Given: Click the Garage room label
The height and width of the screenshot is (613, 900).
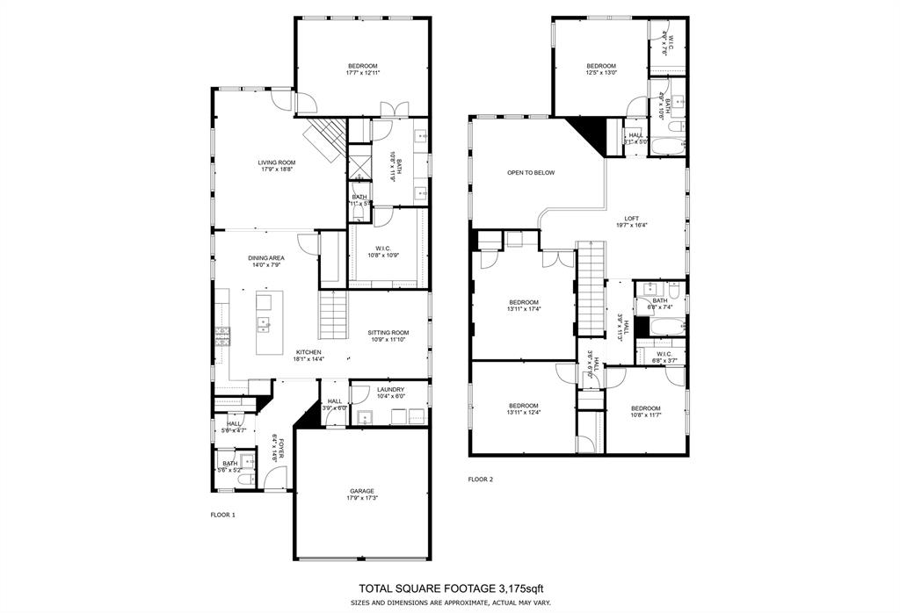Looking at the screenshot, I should click(x=362, y=491).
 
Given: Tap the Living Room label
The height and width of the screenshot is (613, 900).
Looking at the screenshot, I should click(x=276, y=162).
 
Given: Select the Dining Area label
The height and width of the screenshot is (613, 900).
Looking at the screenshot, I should click(x=265, y=257).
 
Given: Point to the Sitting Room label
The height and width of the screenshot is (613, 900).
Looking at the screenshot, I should click(x=388, y=332).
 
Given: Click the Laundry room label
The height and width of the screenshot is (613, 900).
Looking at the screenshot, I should click(x=390, y=389).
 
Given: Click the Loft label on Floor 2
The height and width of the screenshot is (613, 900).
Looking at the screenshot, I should click(x=632, y=219).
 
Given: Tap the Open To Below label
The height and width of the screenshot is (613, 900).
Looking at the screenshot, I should click(x=531, y=173).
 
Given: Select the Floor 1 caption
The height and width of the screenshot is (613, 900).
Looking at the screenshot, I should click(x=222, y=515).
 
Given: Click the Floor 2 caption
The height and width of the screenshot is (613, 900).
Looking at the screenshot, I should click(x=481, y=480).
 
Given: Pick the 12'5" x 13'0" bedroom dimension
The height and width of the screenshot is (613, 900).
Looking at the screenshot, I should click(x=601, y=73).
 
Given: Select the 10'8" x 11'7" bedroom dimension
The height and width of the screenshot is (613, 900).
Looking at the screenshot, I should click(x=645, y=415).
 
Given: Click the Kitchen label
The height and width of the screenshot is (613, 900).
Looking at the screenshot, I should click(x=283, y=352).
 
